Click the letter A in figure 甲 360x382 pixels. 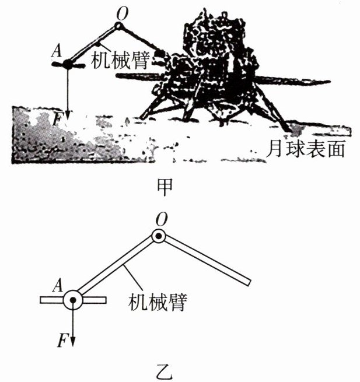[x=57, y=51]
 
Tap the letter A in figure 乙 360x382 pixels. [x=58, y=285]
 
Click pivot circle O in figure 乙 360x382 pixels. [x=159, y=236]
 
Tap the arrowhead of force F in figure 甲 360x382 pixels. [x=68, y=114]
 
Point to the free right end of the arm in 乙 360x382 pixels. [x=248, y=282]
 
